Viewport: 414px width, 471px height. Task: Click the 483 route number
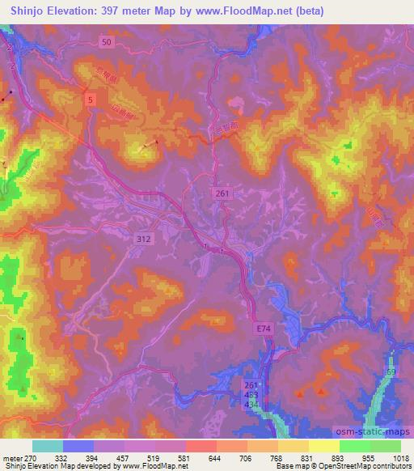[x=251, y=394]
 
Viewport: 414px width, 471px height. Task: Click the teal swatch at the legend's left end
[x=46, y=446]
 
